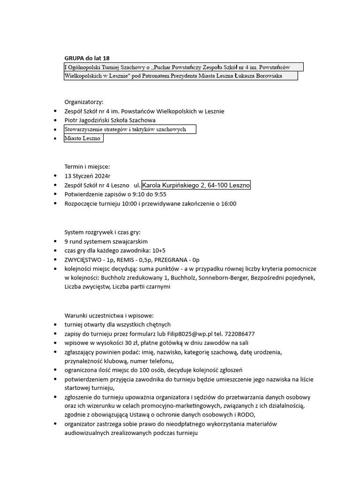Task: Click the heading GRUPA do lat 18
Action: point(87,58)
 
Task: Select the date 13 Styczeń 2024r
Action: point(87,176)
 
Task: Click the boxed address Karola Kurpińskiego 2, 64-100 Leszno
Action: point(196,186)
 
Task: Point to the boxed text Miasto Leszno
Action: point(82,139)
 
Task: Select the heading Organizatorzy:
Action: point(83,102)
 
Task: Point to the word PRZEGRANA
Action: point(175,260)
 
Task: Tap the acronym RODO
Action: point(246,415)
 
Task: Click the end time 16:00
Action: point(229,204)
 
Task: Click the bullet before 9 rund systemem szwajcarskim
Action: point(57,242)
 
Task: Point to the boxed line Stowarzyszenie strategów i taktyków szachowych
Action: point(126,129)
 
